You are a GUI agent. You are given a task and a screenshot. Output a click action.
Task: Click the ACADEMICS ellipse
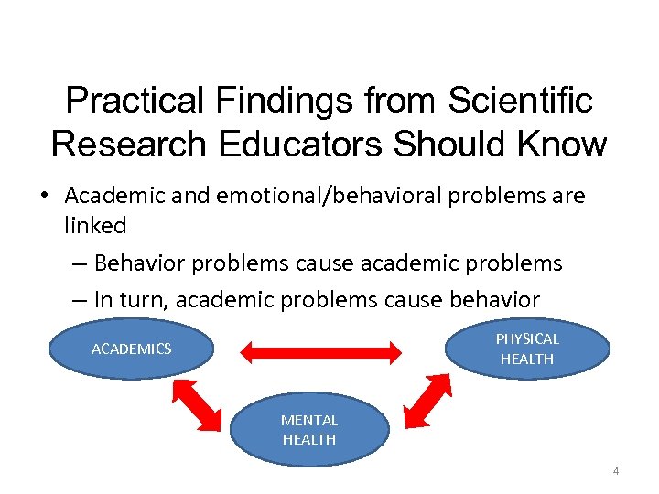pos(131,349)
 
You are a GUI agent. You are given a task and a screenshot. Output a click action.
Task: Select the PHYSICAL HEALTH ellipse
pos(526,349)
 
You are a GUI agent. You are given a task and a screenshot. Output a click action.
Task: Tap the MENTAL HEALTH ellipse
pos(308,430)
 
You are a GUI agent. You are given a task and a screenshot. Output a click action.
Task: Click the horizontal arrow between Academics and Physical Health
pos(321,350)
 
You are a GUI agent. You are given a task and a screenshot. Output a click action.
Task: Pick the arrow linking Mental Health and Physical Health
pos(424,403)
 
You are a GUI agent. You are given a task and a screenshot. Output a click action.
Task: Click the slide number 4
pos(616,471)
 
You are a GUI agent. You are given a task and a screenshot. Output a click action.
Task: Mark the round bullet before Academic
pos(45,197)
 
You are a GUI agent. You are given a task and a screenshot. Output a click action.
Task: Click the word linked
pos(95,224)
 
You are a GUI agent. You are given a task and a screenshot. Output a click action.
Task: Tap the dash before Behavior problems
pos(80,264)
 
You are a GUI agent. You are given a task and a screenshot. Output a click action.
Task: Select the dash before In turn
pos(80,299)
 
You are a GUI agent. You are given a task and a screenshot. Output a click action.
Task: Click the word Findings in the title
pos(267,102)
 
